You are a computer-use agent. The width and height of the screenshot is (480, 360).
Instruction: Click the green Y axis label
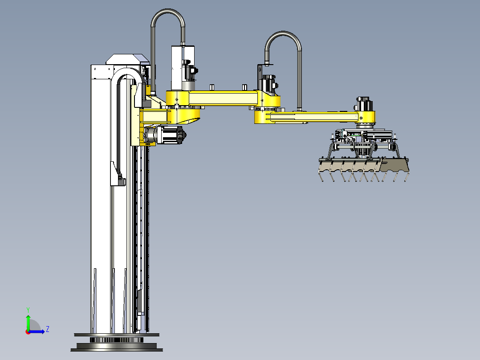point(28,310)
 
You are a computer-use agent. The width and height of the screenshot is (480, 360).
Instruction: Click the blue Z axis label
point(48,329)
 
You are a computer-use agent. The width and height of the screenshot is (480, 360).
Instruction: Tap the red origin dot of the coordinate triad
point(28,332)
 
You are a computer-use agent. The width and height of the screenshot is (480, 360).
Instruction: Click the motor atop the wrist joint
point(364,104)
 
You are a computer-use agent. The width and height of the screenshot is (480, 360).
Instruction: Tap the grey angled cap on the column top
point(127,59)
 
